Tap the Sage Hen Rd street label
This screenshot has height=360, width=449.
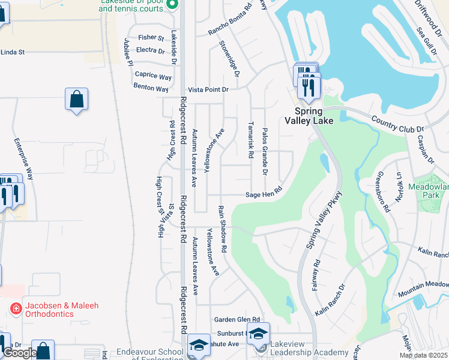point(264,194)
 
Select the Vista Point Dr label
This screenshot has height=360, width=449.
point(208,89)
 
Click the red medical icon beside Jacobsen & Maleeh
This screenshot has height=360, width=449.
point(16,310)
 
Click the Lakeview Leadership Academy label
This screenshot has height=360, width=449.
point(309,352)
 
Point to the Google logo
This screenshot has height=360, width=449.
point(19,353)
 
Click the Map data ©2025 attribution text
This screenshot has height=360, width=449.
point(424,355)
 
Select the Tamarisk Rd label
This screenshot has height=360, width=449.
point(250,136)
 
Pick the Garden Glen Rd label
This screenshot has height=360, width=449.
point(239,320)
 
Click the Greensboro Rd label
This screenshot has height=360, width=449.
point(382,192)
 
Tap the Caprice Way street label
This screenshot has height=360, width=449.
point(153,76)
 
